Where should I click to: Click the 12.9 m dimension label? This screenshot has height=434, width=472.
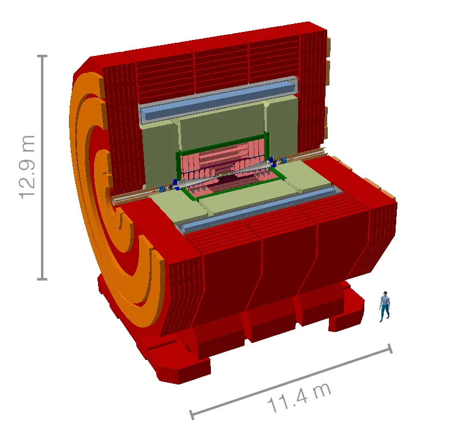27,167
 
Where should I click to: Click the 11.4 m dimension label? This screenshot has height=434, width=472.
299,398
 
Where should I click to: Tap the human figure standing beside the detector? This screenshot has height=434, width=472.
384,307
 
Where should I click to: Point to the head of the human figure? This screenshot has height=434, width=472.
385,294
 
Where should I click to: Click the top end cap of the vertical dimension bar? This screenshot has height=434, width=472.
42,56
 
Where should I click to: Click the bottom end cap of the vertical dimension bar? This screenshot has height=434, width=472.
42,279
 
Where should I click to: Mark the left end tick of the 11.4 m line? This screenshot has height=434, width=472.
192,415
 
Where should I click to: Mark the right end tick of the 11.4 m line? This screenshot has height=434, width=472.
390,348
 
